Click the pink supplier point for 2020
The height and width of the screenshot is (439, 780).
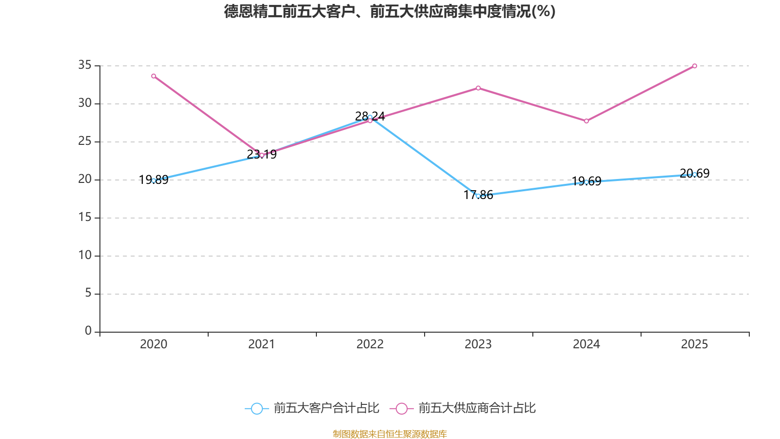(154, 76)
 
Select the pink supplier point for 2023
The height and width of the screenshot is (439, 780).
(478, 88)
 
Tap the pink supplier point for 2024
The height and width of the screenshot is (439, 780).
(586, 121)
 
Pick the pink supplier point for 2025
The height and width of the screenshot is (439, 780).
(695, 66)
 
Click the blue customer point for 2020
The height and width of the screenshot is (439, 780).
(154, 180)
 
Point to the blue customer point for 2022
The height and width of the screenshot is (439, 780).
(370, 117)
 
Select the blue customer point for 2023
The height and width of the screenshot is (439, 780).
(478, 196)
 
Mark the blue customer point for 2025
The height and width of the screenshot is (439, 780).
(695, 174)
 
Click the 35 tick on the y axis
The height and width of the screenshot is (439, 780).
(85, 65)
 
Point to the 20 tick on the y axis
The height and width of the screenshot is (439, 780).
(85, 179)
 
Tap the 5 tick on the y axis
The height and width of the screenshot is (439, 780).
(88, 293)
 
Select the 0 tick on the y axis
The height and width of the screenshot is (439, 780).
(88, 331)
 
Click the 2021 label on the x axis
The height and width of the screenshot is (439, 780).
(262, 344)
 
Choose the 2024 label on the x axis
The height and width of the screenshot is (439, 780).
(586, 344)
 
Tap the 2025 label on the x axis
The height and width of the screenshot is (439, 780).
(695, 344)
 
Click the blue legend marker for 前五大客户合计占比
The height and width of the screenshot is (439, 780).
(256, 408)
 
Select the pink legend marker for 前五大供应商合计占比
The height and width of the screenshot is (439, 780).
(401, 408)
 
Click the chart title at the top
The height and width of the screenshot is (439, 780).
(390, 11)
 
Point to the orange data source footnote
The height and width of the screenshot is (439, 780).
(390, 434)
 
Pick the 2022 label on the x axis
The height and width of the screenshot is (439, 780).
(370, 344)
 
